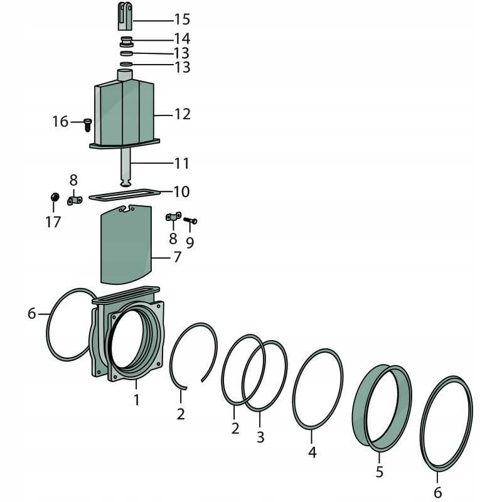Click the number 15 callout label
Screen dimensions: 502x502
tap(182, 19)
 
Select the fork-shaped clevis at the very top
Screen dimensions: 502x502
tap(125, 16)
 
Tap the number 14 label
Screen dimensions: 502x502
tap(182, 39)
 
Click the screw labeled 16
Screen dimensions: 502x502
tap(87, 125)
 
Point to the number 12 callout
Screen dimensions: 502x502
tap(182, 114)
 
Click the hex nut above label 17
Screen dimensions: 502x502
tap(55, 196)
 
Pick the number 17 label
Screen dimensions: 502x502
tap(53, 222)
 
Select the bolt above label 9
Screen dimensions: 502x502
tap(190, 221)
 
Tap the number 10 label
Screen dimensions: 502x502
tap(181, 191)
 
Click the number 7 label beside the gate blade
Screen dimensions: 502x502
tap(177, 257)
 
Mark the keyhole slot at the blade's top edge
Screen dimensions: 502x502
tap(127, 209)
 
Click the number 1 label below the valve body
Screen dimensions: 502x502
tap(137, 400)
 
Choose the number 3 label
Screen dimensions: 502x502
tap(260, 437)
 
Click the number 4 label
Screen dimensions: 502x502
tap(312, 452)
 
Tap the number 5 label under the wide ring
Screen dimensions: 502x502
tap(380, 472)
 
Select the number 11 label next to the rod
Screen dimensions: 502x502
tap(181, 163)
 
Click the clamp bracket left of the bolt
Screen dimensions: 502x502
tap(173, 216)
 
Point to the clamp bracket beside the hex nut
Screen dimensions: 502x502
tap(75, 201)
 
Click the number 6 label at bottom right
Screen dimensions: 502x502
tap(437, 493)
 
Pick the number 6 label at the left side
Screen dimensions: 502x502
tap(32, 313)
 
